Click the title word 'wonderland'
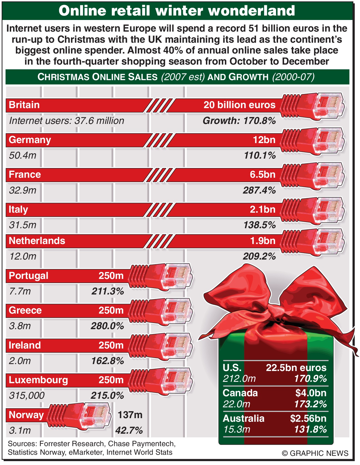tap(251, 11)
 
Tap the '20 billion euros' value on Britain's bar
tap(239, 105)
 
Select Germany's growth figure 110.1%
tap(260, 156)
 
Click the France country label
tap(25, 175)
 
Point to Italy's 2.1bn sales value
tap(262, 209)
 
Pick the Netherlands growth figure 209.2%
tap(259, 256)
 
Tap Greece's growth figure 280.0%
tap(107, 326)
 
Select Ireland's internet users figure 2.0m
tap(19, 361)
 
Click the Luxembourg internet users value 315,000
tap(27, 396)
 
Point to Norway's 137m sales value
tap(130, 415)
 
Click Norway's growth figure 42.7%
tap(129, 431)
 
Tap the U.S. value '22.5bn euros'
tap(296, 368)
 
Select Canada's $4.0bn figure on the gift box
tap(311, 393)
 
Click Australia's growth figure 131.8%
tap(310, 430)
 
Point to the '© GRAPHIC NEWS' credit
tap(315, 453)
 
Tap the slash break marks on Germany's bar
tap(159, 140)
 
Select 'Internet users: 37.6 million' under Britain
tap(67, 121)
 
